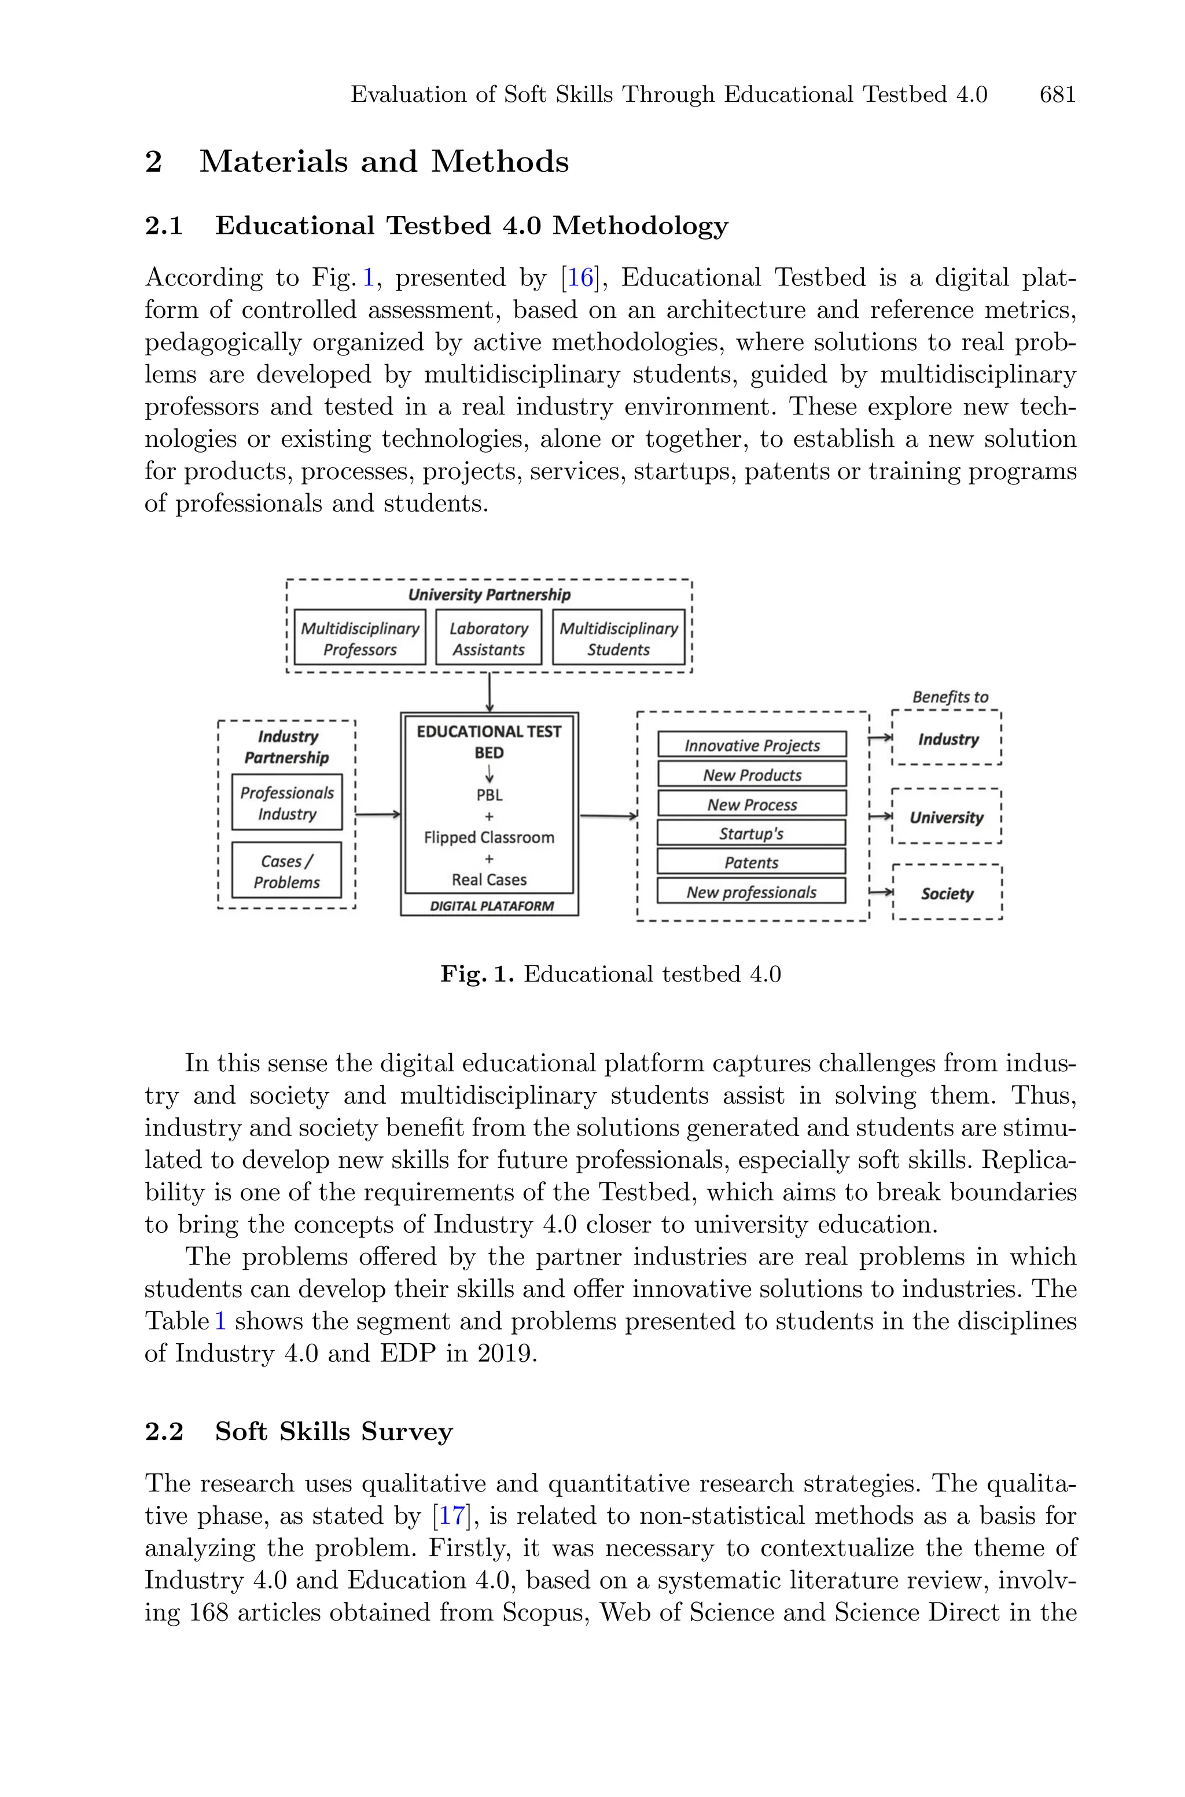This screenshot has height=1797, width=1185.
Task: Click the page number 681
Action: click(1057, 94)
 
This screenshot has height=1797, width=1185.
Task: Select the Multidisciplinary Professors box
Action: click(360, 638)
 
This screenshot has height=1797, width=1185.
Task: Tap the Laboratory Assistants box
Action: click(488, 638)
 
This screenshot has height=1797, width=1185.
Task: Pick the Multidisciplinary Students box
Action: click(618, 638)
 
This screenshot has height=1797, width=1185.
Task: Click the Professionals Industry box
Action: click(286, 803)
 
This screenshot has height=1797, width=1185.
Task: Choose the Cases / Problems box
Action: click(286, 870)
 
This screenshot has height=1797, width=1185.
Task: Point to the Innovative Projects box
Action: click(752, 745)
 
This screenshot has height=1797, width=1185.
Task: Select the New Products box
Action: click(752, 774)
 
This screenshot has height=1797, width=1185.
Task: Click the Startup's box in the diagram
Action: click(751, 833)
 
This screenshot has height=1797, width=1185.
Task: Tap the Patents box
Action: click(751, 862)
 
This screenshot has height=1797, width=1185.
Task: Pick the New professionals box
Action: click(751, 892)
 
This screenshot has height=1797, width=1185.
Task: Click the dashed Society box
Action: click(947, 893)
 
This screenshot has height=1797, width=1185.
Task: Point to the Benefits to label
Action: click(950, 697)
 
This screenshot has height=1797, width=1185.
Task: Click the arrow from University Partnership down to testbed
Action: click(490, 692)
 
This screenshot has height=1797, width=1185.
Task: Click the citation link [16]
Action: click(580, 278)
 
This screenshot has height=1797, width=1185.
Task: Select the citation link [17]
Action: click(452, 1516)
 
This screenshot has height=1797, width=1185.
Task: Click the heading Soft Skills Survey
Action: click(333, 1431)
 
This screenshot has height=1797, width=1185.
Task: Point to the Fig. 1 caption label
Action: click(477, 974)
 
